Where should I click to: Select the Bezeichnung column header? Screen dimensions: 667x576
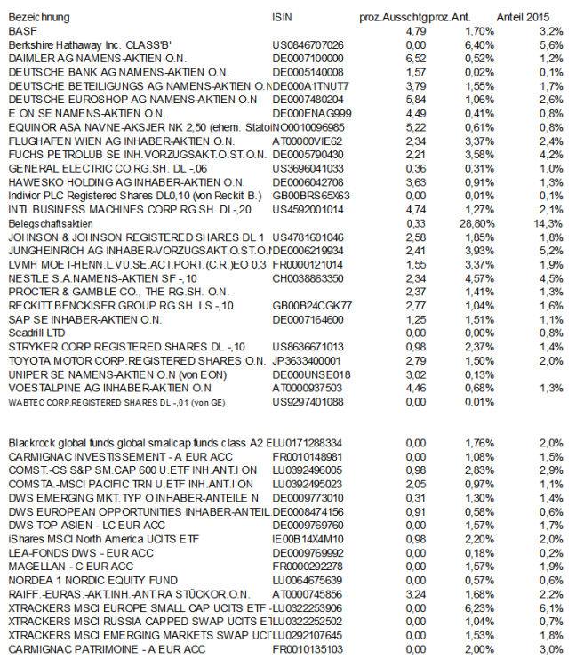[38, 17]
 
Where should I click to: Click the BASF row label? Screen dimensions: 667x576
[20, 30]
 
